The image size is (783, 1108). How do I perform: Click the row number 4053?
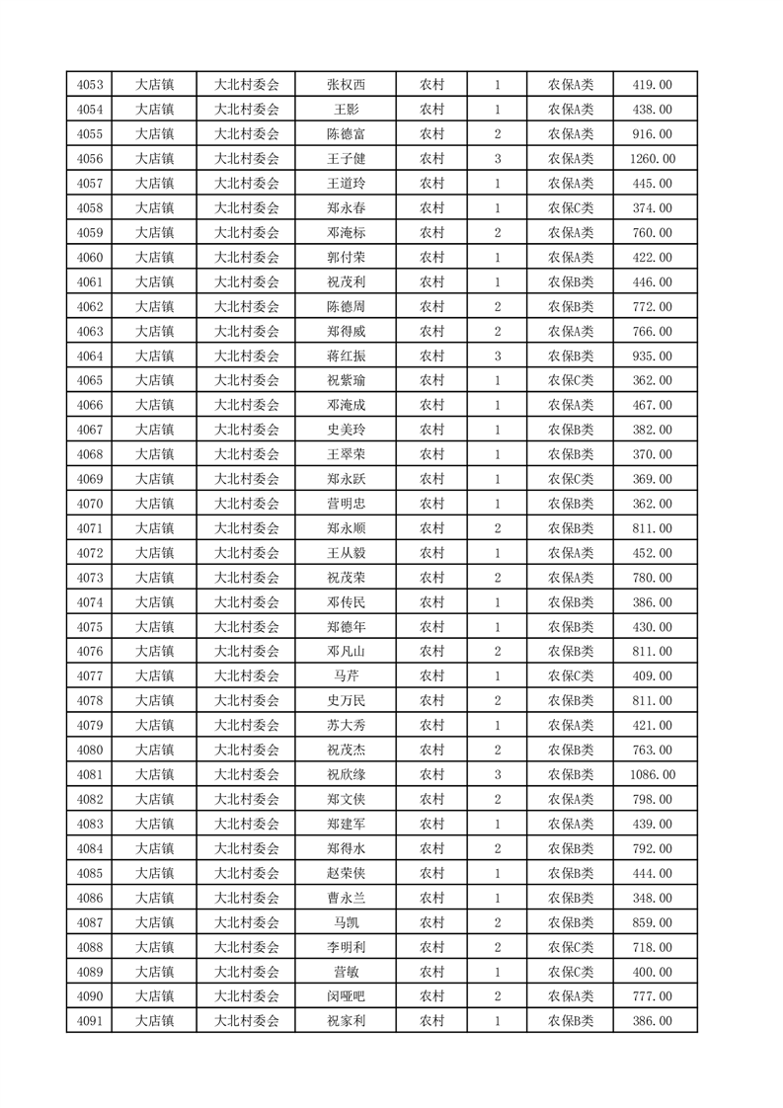[x=88, y=85]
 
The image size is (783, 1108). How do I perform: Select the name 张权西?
[x=346, y=85]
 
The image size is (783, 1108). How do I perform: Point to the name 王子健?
[x=346, y=159]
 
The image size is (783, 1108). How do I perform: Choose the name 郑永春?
[x=346, y=208]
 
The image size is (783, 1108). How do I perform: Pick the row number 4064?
[x=88, y=356]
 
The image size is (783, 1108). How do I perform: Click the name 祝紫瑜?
[x=346, y=381]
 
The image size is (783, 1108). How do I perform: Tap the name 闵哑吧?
[x=346, y=997]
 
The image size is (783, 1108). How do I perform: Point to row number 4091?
[x=88, y=1022]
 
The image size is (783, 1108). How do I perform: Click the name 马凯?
[x=346, y=923]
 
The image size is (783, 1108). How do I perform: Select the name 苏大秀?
[x=346, y=726]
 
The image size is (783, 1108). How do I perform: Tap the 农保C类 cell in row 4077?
[x=571, y=676]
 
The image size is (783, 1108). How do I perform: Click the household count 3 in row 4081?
[x=497, y=775]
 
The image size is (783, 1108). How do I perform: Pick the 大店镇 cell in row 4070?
[x=154, y=504]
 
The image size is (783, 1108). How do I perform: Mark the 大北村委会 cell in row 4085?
[x=247, y=874]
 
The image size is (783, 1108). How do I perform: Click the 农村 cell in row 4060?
[x=431, y=258]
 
